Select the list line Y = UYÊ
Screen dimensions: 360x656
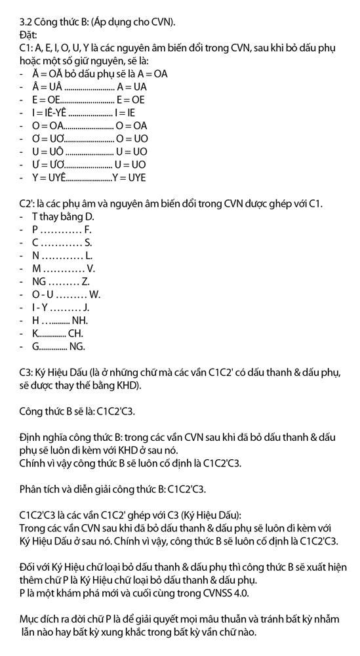pyautogui.click(x=92, y=177)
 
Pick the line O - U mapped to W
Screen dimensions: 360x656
pyautogui.click(x=66, y=295)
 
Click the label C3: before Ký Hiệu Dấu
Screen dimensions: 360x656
pyautogui.click(x=27, y=373)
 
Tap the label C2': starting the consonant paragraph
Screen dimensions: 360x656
pyautogui.click(x=29, y=203)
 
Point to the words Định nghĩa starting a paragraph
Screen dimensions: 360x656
pyautogui.click(x=43, y=438)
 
